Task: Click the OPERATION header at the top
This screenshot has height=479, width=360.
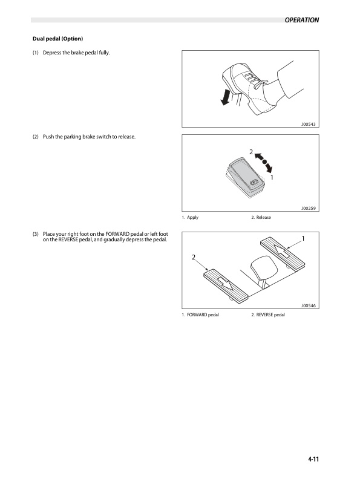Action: tap(302, 20)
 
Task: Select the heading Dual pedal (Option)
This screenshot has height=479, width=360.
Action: tap(57, 39)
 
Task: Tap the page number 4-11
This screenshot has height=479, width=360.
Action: tap(313, 459)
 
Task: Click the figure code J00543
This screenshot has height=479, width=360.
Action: tap(309, 125)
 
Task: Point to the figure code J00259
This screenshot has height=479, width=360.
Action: tap(309, 208)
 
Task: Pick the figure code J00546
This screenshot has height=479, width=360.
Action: tap(309, 305)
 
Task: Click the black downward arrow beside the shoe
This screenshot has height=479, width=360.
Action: tap(226, 97)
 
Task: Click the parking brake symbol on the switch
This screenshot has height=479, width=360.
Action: tap(254, 183)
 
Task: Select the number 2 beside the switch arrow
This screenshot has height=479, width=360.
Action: tap(251, 152)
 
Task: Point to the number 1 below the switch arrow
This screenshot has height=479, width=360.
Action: tap(272, 177)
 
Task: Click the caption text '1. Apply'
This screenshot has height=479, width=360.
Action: tap(190, 218)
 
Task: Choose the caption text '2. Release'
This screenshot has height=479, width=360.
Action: tap(261, 218)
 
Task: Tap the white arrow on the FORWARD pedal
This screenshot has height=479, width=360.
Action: tap(283, 250)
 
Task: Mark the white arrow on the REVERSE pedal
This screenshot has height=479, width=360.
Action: tap(226, 284)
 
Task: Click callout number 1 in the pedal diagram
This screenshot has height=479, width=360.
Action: tap(303, 238)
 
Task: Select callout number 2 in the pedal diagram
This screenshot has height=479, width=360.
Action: tap(194, 257)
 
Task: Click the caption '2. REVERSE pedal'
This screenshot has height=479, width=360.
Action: tap(268, 315)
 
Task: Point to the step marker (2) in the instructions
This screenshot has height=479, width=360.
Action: tap(36, 137)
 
